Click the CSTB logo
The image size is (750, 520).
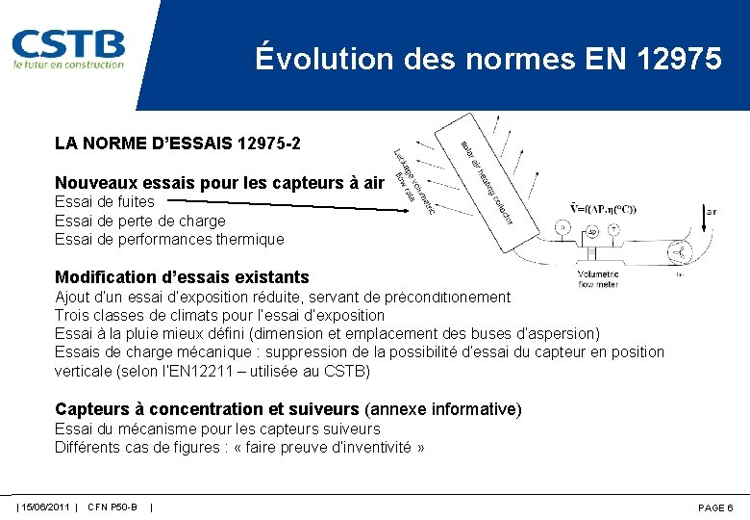pyautogui.click(x=68, y=48)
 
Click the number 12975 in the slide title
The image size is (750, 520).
pyautogui.click(x=678, y=59)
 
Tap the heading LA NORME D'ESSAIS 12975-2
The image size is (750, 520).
pyautogui.click(x=177, y=143)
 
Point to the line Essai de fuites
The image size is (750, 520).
pyautogui.click(x=104, y=201)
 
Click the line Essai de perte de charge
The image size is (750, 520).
pyautogui.click(x=139, y=221)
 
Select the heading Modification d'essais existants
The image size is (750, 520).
pyautogui.click(x=182, y=277)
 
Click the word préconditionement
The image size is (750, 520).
pyautogui.click(x=451, y=298)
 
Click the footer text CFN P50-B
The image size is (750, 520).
pyautogui.click(x=112, y=507)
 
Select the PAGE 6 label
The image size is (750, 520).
pyautogui.click(x=715, y=507)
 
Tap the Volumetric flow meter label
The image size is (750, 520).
pyautogui.click(x=598, y=279)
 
